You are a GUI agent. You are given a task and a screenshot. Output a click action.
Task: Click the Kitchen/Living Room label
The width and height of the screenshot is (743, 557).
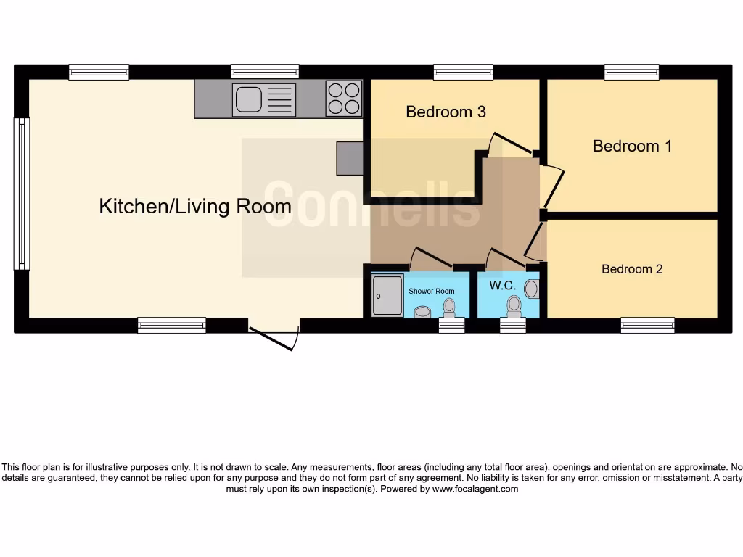(195, 207)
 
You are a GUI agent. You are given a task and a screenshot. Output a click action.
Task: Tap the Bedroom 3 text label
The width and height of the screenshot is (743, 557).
(446, 112)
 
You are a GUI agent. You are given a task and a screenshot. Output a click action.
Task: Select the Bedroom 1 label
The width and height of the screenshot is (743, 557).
(632, 146)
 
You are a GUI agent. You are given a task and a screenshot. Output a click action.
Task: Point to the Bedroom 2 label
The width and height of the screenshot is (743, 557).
(632, 269)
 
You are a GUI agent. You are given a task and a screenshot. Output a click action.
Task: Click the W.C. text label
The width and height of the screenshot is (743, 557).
(502, 286)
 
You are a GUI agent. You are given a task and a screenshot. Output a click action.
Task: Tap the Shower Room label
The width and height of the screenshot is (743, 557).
(431, 292)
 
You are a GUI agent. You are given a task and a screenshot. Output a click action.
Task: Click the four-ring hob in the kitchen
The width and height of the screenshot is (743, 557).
(344, 99)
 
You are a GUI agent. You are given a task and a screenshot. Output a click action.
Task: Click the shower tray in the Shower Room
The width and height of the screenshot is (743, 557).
(387, 295)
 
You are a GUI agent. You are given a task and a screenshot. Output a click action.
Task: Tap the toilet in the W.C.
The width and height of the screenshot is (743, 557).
(515, 307)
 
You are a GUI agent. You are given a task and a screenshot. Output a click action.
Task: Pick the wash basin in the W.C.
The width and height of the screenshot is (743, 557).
(532, 289)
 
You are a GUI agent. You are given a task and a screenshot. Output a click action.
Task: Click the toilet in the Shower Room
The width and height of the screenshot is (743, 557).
(449, 308)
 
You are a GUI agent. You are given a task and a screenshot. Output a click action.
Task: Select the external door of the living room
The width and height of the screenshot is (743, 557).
(274, 338)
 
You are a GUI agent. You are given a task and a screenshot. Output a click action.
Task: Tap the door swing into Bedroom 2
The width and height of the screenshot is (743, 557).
(535, 242)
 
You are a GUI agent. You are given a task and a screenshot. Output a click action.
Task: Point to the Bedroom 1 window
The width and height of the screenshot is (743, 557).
(632, 72)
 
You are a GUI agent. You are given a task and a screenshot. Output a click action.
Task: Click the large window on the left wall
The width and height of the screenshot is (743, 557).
(22, 194)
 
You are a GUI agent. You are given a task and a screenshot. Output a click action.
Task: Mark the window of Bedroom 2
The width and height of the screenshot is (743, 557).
(647, 325)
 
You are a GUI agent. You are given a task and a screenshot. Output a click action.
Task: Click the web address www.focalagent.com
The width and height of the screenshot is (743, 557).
(475, 489)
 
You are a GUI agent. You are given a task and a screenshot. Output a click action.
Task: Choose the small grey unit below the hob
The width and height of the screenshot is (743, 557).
(349, 158)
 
